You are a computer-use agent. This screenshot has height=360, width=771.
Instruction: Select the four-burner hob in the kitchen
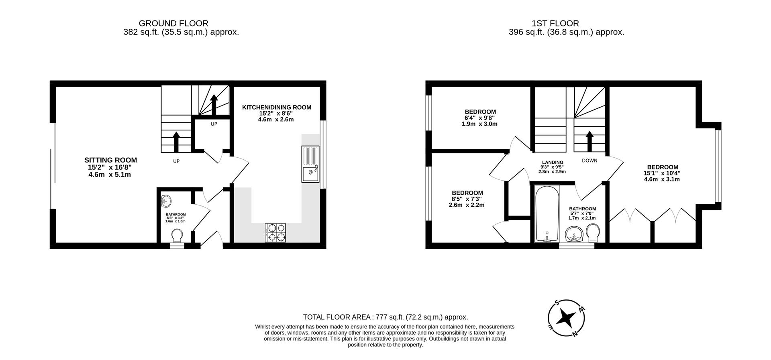(275, 233)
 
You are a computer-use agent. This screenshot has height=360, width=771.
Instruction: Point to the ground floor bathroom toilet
(177, 236)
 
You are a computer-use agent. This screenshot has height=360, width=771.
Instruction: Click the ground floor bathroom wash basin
(166, 200)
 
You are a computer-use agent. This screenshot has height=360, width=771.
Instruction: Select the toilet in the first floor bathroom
(593, 233)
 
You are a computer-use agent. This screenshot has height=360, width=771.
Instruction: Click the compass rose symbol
(566, 319)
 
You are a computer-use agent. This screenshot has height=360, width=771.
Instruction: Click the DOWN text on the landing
(589, 161)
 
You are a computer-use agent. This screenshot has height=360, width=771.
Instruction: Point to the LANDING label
(552, 163)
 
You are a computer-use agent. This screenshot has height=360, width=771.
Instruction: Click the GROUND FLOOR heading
(173, 23)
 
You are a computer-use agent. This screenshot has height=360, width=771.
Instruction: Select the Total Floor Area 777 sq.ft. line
(385, 317)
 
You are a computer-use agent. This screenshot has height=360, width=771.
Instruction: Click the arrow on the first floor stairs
(589, 141)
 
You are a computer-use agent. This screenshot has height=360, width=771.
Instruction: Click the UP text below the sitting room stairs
(176, 161)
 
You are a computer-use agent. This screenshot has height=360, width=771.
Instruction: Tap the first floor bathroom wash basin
(574, 235)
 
